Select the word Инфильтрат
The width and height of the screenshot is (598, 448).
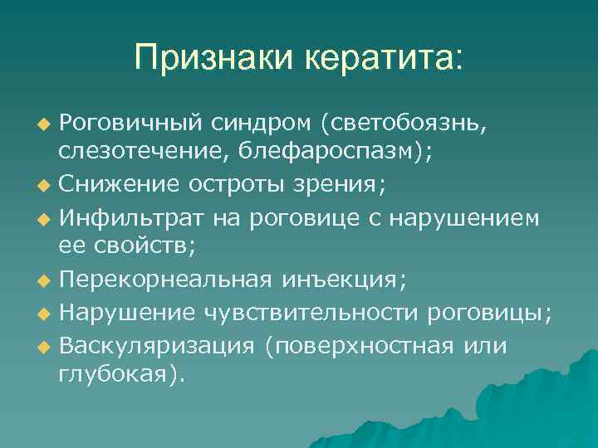[x=125, y=217]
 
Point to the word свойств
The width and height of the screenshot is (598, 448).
[x=131, y=245]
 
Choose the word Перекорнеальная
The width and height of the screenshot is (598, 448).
[x=166, y=278]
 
